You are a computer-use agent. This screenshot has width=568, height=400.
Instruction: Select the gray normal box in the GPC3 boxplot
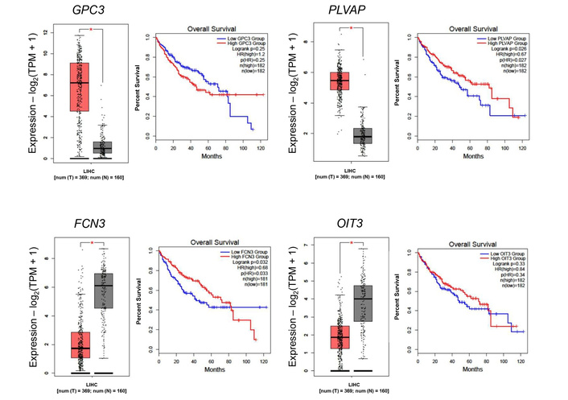point(102,148)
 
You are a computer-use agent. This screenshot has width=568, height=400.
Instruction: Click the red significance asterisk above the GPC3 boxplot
point(91,30)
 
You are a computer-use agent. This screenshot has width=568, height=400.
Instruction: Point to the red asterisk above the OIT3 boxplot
point(352,242)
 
